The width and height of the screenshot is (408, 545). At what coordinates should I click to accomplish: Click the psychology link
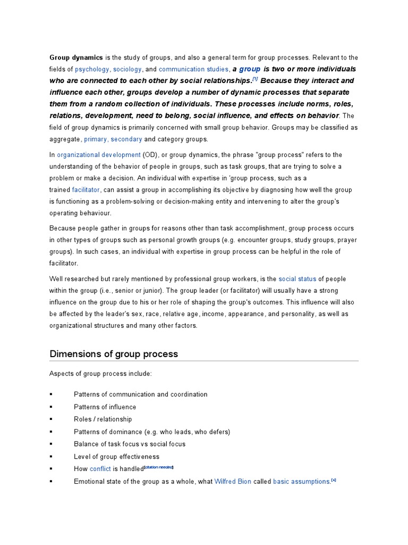(92, 69)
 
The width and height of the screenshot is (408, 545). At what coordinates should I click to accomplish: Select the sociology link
(127, 69)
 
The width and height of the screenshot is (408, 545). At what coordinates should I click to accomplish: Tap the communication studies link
(193, 69)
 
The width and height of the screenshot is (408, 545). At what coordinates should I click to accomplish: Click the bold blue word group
(250, 69)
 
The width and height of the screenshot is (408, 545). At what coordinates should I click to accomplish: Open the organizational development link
(99, 155)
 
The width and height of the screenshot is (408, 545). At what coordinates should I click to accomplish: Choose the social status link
(297, 279)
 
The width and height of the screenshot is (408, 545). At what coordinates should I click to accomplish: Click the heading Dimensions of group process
(114, 354)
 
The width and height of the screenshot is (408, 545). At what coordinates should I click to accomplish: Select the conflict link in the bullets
(100, 469)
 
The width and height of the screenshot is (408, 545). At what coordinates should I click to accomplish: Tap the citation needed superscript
(159, 467)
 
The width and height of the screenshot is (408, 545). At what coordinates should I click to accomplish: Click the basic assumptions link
(301, 482)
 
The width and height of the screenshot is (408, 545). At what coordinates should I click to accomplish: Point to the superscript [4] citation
(334, 480)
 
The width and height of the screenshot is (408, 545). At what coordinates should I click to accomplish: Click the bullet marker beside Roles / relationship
(51, 419)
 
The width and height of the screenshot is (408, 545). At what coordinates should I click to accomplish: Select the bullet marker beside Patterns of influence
(51, 407)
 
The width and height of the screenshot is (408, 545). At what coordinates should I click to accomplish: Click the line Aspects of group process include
(100, 374)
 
